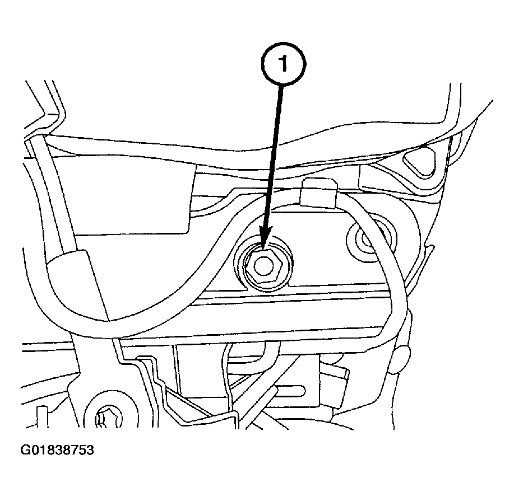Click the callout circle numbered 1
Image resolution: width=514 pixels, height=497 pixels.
(283, 64)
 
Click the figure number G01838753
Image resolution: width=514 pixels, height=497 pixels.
(57, 450)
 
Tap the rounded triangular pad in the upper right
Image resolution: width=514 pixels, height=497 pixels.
(420, 162)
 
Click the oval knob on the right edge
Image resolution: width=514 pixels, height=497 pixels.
(401, 359)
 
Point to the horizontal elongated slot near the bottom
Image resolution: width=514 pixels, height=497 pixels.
(290, 390)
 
